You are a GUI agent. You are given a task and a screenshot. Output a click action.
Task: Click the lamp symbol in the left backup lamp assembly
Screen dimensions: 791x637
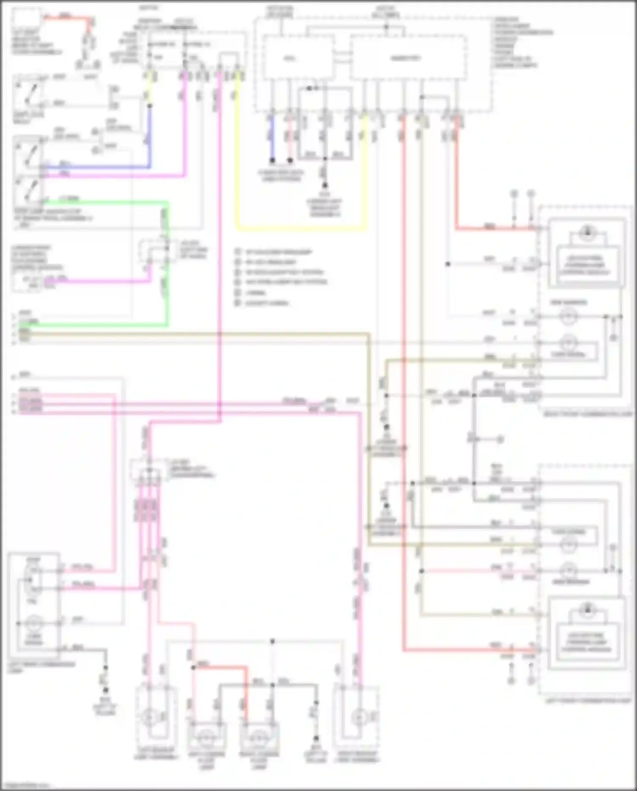[x=149, y=717]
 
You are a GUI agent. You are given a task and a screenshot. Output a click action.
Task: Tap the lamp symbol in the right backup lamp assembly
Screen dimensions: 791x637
[x=358, y=717]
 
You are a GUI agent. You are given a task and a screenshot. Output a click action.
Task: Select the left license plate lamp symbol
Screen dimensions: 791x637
[x=207, y=737]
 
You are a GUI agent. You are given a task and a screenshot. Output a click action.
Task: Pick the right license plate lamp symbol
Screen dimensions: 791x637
[x=259, y=737]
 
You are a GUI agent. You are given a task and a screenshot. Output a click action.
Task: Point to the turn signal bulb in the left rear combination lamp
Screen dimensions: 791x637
[x=32, y=624]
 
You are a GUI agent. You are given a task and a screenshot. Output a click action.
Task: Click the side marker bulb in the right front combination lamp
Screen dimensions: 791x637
[x=569, y=317]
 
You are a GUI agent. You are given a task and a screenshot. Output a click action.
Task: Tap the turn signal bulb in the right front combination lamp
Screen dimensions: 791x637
[x=569, y=342]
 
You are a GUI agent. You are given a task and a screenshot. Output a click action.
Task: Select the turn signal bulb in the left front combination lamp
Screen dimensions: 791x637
[x=569, y=544]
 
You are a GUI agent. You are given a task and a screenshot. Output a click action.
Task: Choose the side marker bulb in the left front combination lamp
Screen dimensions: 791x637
[x=569, y=570]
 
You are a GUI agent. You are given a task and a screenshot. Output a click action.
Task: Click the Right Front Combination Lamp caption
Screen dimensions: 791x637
[x=588, y=414]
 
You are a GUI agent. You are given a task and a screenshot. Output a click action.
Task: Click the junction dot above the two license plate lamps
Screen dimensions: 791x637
[x=272, y=641]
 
